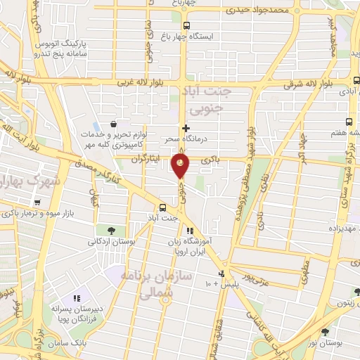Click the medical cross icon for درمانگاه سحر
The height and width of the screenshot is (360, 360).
pos(186,128)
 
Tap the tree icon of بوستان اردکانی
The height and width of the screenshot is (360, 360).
pos(111,230)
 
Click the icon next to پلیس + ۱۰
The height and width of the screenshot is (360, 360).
pos(223,274)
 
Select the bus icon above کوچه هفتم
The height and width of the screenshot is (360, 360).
pos(349,120)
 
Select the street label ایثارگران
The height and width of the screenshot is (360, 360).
pos(144,160)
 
